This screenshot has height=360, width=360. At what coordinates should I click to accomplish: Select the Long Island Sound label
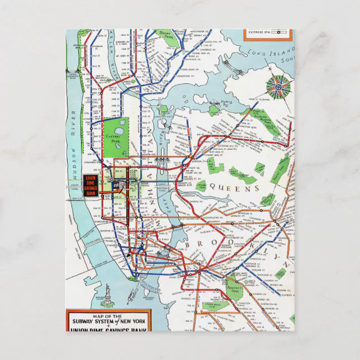pos(274,54)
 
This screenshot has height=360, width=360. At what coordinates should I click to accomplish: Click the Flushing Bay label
pos(226,102)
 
